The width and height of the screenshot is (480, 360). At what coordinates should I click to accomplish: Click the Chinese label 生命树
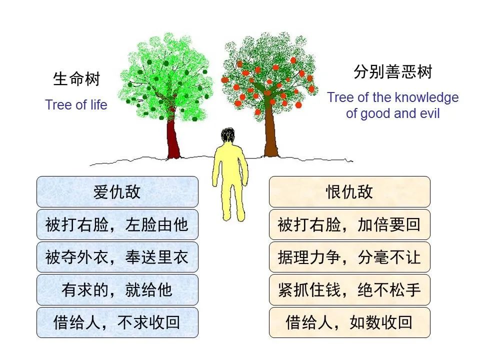coord(76,79)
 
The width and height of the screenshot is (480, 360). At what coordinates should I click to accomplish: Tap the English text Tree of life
coord(76,105)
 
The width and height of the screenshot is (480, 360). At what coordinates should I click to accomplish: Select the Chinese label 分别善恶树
coord(392,73)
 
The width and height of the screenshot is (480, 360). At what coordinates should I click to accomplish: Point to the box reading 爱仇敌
coord(117,192)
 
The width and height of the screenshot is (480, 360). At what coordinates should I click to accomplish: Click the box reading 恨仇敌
coord(349,192)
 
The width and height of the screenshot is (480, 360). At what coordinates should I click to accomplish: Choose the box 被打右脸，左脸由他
coord(117,224)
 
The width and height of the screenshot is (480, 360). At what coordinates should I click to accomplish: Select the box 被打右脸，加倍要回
coord(349,224)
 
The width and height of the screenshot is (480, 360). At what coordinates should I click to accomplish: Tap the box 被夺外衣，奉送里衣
coord(117,257)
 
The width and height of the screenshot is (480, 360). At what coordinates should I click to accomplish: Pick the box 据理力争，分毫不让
coord(349,257)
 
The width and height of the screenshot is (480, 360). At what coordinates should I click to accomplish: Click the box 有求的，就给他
coord(117,290)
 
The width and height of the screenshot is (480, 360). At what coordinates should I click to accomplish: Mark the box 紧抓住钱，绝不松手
coord(349,290)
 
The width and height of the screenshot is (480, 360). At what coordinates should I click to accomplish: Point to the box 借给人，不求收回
coord(117,322)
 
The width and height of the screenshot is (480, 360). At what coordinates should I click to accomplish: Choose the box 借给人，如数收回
coord(349,322)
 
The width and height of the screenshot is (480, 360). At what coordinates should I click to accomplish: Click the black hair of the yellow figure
coord(228,134)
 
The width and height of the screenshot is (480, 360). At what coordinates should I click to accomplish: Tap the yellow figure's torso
coord(229,165)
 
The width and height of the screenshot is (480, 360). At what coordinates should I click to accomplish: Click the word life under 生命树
coord(98,105)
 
